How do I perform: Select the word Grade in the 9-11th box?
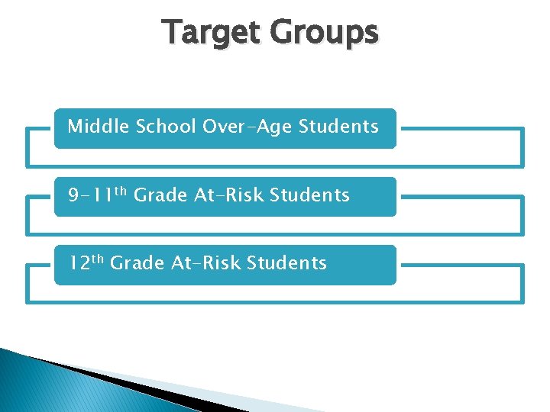[160, 195]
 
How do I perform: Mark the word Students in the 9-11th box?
[309, 195]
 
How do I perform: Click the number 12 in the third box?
[79, 264]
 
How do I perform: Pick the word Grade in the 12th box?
[137, 263]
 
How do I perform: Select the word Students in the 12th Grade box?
[286, 263]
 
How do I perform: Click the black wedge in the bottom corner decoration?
[137, 385]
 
